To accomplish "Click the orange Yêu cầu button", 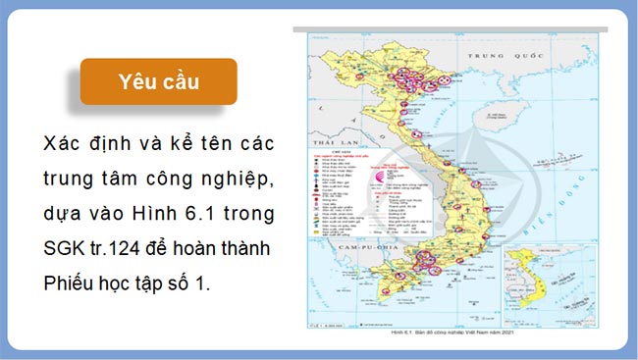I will [158, 81].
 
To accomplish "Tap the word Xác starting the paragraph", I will [63, 143].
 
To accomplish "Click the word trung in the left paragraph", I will [71, 178].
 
